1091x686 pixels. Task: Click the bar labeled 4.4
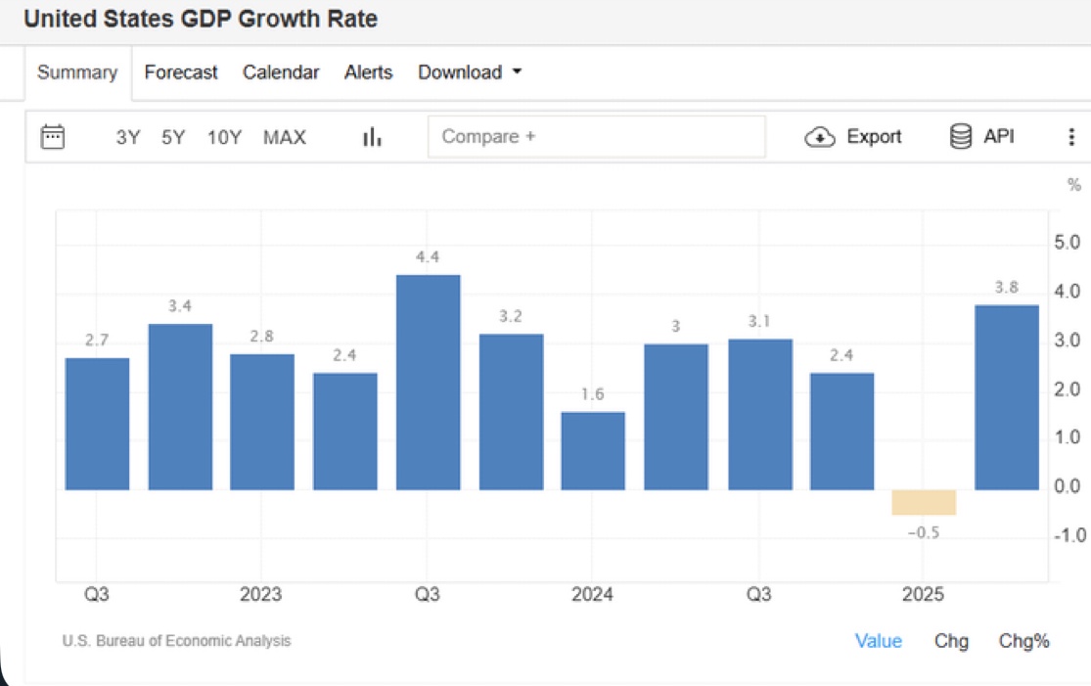428,382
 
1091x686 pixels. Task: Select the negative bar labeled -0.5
924,502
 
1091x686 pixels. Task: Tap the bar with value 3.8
1007,397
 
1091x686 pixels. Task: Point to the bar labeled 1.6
593,450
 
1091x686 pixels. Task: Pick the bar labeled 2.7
97,424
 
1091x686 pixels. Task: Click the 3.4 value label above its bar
180,306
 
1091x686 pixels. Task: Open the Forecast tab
181,72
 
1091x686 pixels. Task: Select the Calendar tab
281,72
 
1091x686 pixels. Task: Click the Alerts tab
368,72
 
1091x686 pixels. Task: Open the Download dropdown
470,72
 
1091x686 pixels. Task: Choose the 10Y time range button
224,138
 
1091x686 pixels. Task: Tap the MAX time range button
285,138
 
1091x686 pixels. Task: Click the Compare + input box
596,137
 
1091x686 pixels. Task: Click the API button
982,137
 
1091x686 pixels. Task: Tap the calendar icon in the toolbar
53,137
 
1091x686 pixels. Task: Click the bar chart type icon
372,138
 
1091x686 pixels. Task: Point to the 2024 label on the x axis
592,594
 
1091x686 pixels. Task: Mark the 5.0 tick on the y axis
1067,243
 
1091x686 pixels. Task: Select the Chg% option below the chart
1023,641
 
